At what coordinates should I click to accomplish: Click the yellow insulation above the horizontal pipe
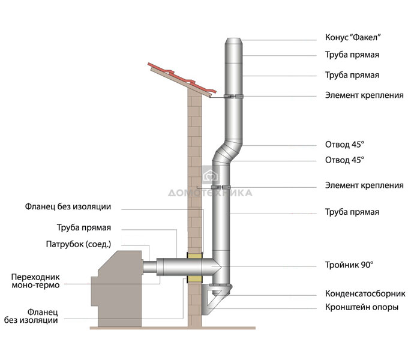pyautogui.click(x=196, y=255)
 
